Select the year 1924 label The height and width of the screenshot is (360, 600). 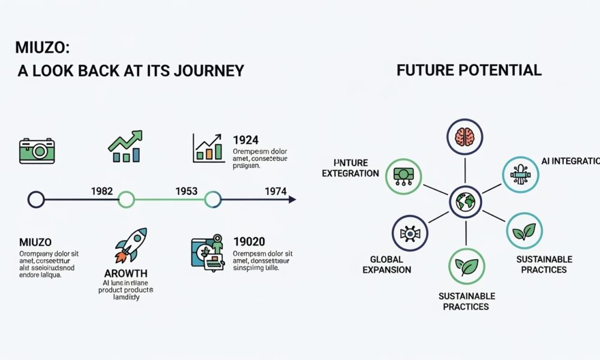pyautogui.click(x=247, y=140)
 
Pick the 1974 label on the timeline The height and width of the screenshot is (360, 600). pyautogui.click(x=276, y=191)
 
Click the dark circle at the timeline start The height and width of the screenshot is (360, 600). pyautogui.click(x=37, y=199)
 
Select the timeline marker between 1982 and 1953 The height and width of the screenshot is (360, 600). pyautogui.click(x=126, y=199)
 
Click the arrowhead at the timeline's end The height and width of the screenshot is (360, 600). pyautogui.click(x=292, y=199)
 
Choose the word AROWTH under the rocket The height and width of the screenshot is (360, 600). pyautogui.click(x=127, y=274)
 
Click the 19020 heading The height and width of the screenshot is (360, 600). pyautogui.click(x=249, y=242)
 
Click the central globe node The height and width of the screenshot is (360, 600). pyautogui.click(x=465, y=201)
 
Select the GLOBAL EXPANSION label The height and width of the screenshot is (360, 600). pyautogui.click(x=387, y=265)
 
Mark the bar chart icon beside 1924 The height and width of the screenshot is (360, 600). pyautogui.click(x=209, y=148)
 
